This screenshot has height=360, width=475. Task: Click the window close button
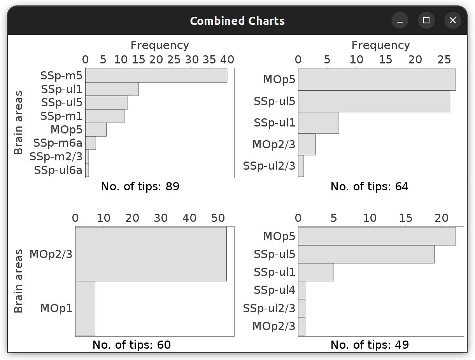452,20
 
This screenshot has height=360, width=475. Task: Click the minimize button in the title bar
400,20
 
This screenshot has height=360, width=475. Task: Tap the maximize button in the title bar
426,20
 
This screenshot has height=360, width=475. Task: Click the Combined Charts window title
237,21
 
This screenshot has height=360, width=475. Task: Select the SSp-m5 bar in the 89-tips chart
156,76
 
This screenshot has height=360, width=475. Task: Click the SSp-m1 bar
105,116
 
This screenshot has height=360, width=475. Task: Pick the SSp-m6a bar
91,143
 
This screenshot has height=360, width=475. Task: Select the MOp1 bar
85,308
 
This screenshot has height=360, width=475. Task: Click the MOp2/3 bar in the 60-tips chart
151,254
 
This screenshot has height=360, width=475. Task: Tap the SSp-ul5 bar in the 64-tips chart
374,101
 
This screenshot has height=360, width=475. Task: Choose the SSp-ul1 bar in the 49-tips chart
316,272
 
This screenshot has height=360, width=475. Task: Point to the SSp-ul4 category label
274,290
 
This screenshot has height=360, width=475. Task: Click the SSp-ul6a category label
58,170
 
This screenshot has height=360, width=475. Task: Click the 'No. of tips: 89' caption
140,186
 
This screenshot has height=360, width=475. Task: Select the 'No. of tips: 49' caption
370,345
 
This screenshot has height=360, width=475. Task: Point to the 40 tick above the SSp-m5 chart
227,60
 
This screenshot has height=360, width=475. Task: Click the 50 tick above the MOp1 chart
218,218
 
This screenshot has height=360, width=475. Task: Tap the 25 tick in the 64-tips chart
444,60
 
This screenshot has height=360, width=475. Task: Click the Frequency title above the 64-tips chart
380,45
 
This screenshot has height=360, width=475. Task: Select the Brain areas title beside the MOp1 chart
18,281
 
